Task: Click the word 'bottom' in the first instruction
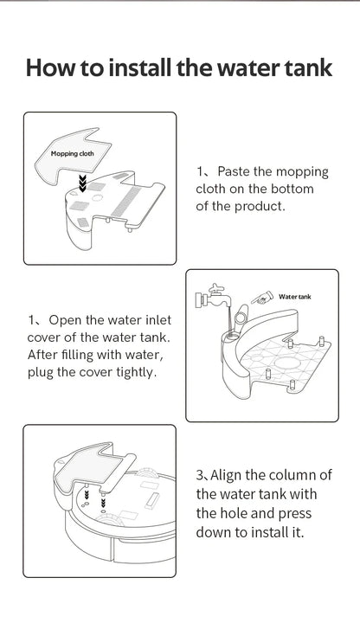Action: click(x=291, y=189)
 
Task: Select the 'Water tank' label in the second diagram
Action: click(x=296, y=297)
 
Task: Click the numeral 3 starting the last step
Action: click(x=200, y=476)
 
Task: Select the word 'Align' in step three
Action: click(x=230, y=476)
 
